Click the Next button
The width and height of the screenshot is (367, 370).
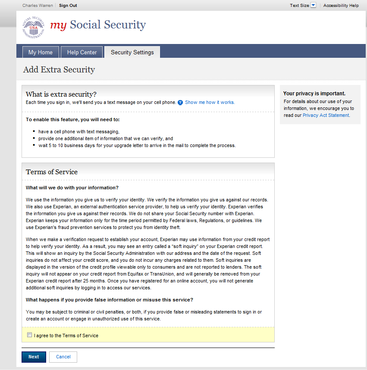click(34, 357)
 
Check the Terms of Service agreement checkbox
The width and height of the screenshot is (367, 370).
click(29, 335)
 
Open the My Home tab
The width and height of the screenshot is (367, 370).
click(41, 52)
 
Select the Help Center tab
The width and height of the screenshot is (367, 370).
click(82, 52)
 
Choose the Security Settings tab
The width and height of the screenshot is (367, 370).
click(132, 52)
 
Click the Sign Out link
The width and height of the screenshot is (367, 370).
click(68, 6)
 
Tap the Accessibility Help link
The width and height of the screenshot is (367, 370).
click(341, 6)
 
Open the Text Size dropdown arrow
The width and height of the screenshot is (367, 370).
click(314, 6)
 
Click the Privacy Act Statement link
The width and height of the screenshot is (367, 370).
click(326, 116)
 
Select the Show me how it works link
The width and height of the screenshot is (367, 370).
click(210, 102)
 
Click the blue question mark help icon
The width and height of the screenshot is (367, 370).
click(180, 103)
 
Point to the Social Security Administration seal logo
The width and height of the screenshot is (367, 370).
click(33, 27)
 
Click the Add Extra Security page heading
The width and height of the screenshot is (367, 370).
click(59, 70)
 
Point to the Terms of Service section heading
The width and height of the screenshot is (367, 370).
click(52, 172)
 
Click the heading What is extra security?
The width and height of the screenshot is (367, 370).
click(61, 94)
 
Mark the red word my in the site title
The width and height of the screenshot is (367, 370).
click(58, 25)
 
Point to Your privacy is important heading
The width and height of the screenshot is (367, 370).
click(314, 94)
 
